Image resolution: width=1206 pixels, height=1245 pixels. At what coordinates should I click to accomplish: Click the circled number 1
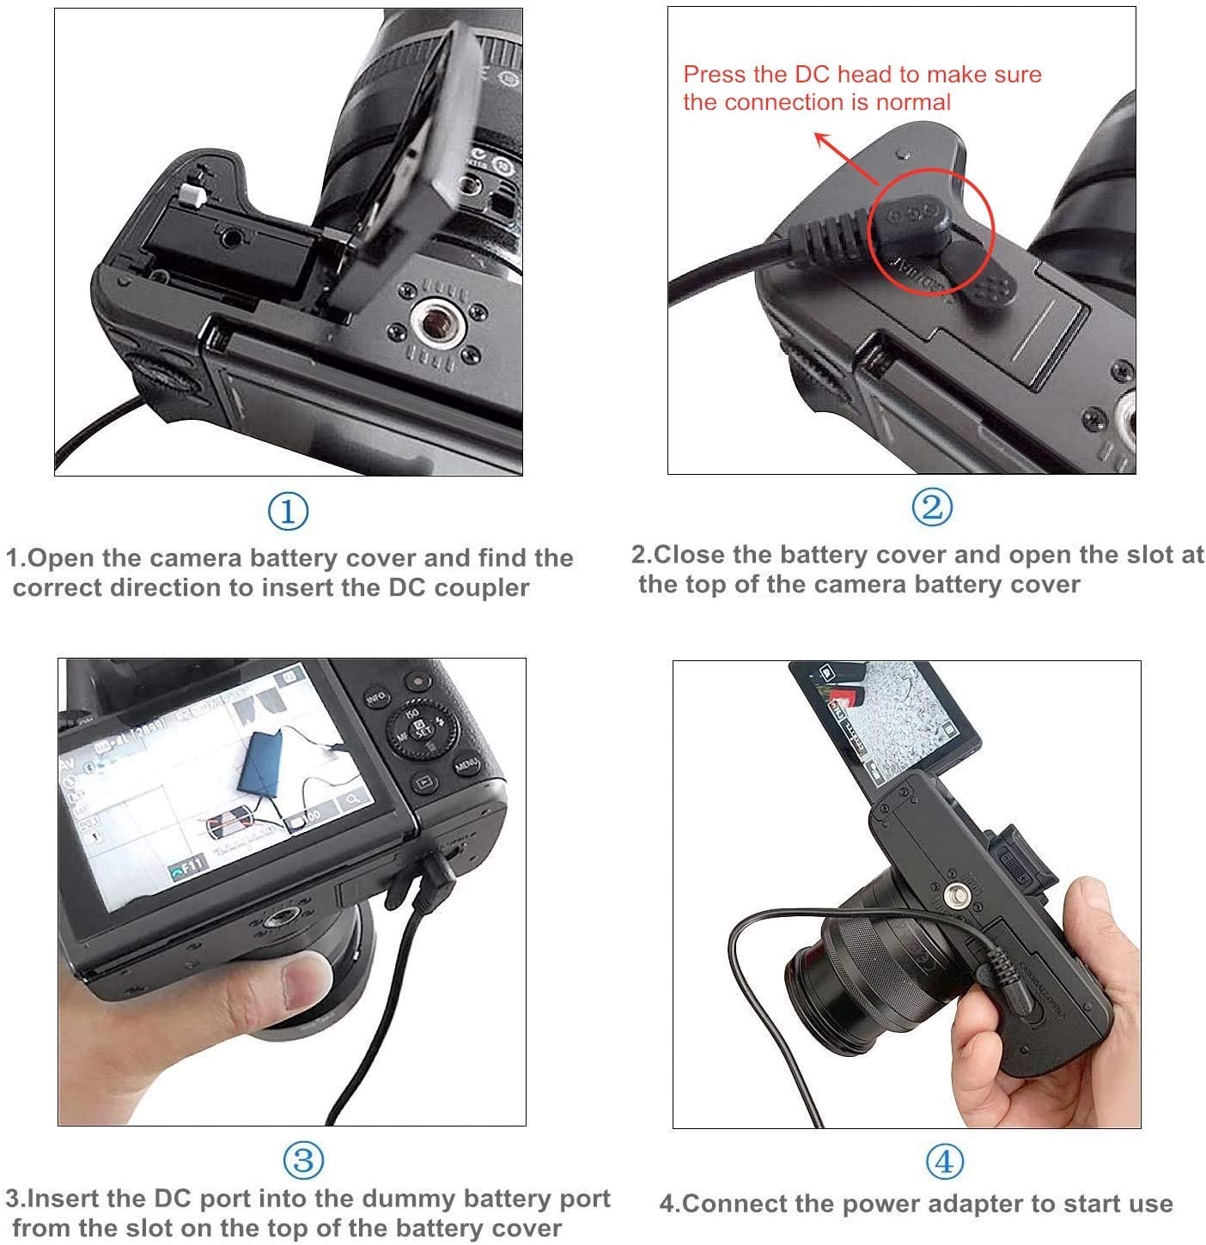[x=288, y=511]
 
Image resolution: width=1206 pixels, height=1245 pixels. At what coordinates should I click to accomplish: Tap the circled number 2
[x=931, y=507]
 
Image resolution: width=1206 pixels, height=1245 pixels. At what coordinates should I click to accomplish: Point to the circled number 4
[x=944, y=1162]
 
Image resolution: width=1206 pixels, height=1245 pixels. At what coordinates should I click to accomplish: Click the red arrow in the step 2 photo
[x=846, y=157]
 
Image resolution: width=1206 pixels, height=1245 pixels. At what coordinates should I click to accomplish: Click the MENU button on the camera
[x=466, y=765]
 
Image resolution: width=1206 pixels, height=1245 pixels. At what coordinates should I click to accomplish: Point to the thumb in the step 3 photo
[x=308, y=978]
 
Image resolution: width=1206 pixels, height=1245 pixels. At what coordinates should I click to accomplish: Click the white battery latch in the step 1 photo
[x=191, y=195]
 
